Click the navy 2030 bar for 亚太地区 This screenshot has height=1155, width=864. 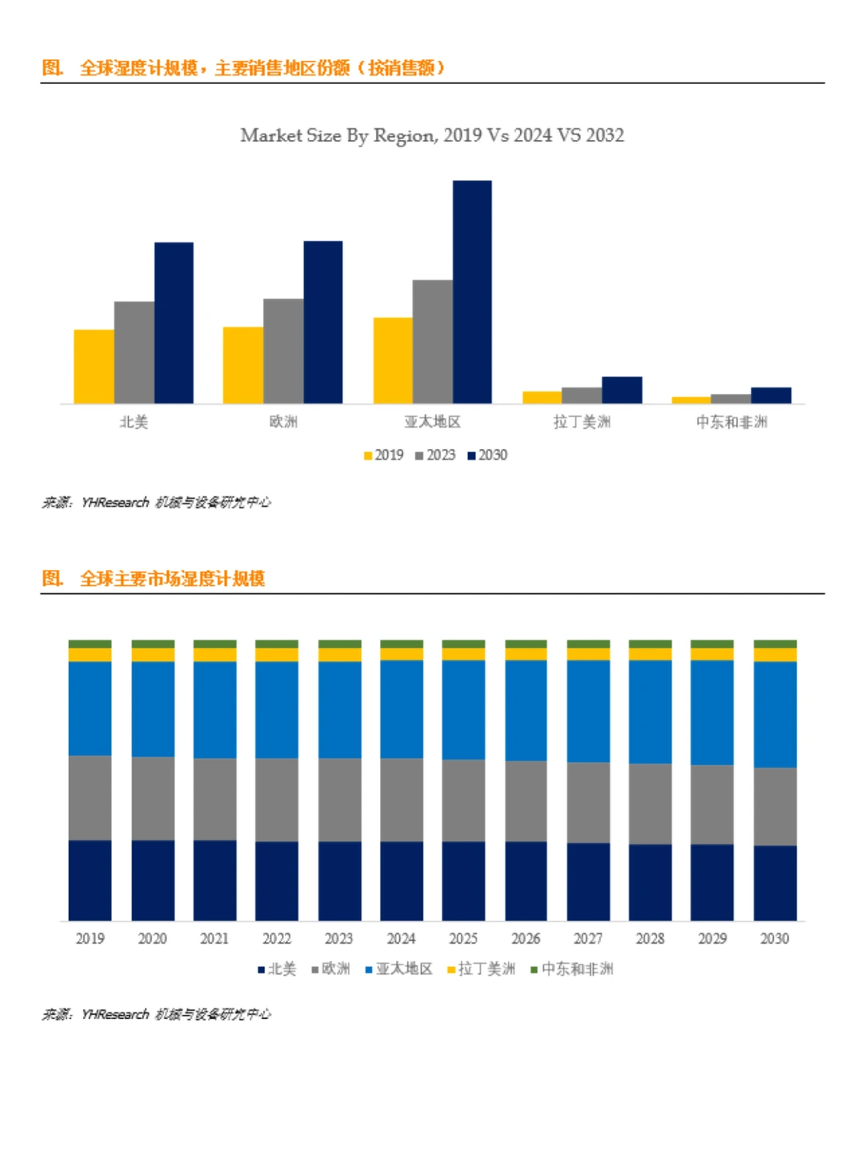pos(472,291)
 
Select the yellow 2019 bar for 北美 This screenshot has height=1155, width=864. pos(94,366)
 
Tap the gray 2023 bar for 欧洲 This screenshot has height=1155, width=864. pos(283,351)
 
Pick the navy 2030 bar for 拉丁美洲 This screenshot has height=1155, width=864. pos(622,390)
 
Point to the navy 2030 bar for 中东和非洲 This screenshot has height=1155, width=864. pos(770,395)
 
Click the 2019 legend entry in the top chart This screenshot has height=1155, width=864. pos(384,455)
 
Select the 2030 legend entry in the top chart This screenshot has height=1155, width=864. pos(488,455)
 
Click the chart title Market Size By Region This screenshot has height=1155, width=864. pos(432,135)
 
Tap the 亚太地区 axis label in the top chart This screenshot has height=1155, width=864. pos(432,422)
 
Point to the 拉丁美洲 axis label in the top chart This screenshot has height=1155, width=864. pos(582,422)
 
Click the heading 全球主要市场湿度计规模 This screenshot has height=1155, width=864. pos(171,579)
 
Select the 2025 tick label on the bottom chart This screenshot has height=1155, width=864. pos(463,938)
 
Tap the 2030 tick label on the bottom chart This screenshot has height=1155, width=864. pos(774,938)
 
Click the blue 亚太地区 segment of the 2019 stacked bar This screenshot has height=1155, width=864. pos(90,708)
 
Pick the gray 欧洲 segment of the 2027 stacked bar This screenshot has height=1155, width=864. pos(588,802)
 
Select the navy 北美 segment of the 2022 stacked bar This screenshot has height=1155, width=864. pos(277,880)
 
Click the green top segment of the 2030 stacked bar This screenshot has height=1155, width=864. pos(774,644)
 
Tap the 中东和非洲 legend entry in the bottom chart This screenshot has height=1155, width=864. pos(572,969)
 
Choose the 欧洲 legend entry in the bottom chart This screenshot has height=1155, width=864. pos(330,969)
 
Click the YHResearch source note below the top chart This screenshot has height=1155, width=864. pos(157,503)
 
